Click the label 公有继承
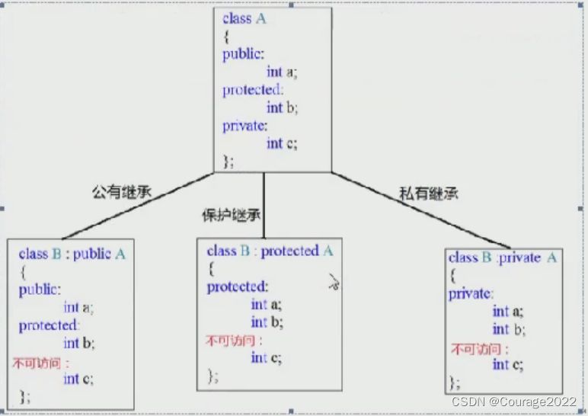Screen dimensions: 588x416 click(x=122, y=191)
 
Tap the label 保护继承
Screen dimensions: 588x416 click(x=222, y=216)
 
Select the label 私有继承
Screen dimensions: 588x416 click(x=429, y=194)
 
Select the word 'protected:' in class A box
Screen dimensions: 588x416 click(x=252, y=90)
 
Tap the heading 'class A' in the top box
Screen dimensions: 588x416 click(x=244, y=18)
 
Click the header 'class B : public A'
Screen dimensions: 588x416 click(x=72, y=254)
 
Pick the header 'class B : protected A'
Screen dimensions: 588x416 click(x=270, y=251)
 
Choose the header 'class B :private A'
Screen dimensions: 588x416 click(x=503, y=258)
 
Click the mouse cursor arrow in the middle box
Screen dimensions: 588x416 click(x=332, y=283)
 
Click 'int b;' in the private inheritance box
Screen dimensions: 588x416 click(x=508, y=329)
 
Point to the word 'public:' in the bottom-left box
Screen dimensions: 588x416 click(x=40, y=290)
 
